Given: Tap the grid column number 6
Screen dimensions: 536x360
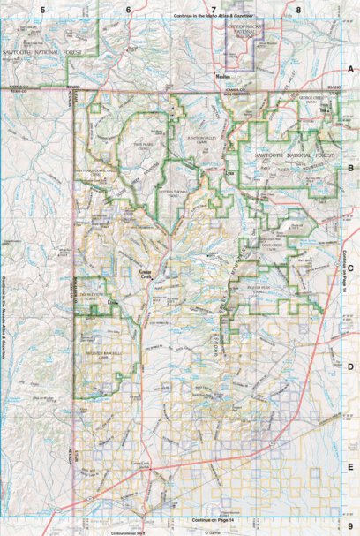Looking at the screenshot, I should (x=128, y=11).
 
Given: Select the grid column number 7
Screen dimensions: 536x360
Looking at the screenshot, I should (x=214, y=11).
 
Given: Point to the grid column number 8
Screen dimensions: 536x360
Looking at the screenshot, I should (x=299, y=11).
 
